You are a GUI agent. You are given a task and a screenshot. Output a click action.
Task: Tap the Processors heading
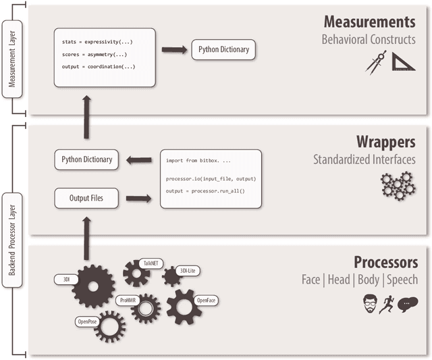(385, 261)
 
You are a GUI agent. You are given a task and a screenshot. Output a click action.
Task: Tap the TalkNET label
(149, 263)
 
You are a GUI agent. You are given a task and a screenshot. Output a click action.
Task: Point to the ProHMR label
(128, 299)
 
